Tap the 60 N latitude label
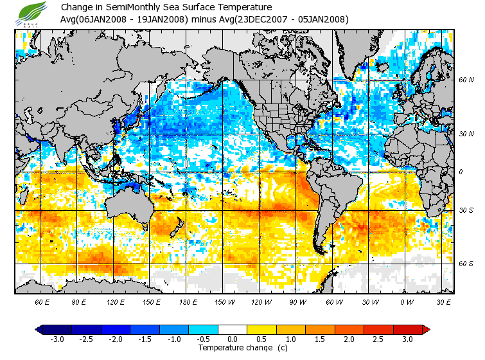(466, 80)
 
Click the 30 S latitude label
(466, 211)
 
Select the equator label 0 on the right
(461, 172)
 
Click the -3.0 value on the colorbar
(57, 339)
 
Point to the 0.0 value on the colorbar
(233, 339)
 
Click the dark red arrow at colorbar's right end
(425, 330)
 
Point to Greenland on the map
(360, 45)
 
